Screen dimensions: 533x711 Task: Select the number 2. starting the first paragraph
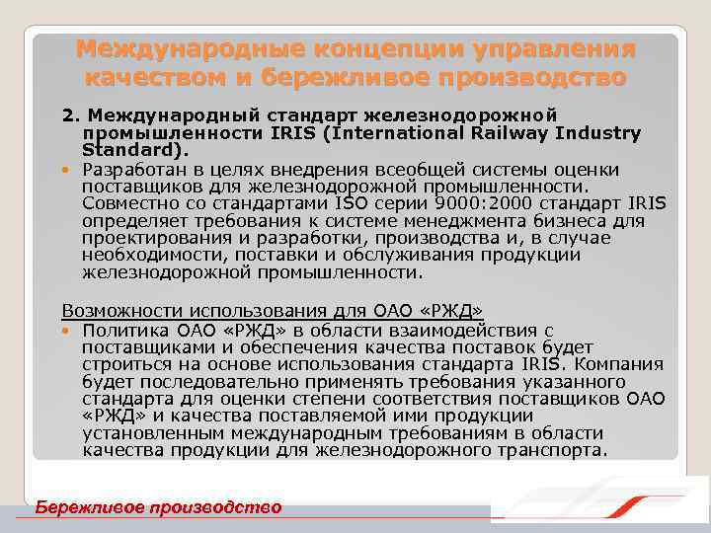point(71,115)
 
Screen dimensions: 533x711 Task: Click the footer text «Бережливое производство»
point(159,507)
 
